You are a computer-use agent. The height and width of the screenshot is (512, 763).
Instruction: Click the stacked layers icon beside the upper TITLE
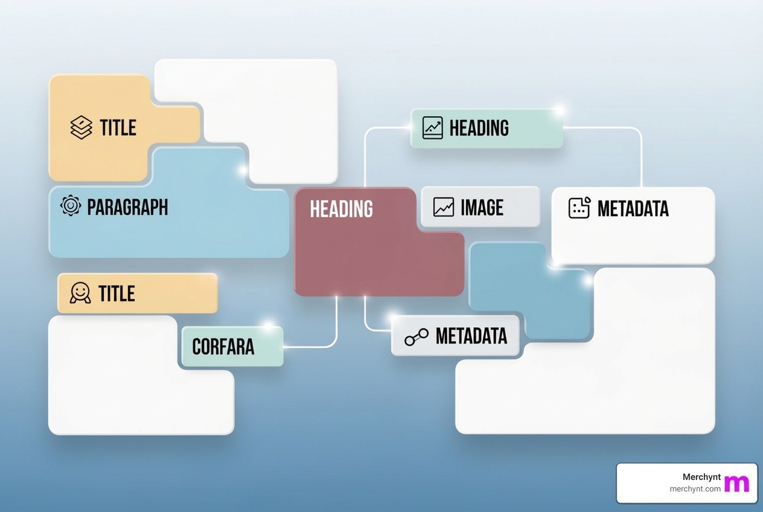tap(81, 127)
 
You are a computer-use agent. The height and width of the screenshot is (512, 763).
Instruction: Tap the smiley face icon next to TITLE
tap(80, 293)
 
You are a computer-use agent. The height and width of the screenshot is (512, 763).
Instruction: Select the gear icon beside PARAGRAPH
tap(71, 206)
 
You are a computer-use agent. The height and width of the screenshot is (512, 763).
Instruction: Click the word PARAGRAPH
tap(127, 207)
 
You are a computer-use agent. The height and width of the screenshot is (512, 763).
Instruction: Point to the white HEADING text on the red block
tap(341, 209)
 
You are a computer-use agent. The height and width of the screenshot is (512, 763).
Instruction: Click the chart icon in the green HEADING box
tap(432, 128)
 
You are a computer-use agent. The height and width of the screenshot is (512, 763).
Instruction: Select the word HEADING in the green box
tap(479, 128)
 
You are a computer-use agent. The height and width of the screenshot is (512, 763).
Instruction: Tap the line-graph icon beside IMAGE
tap(444, 207)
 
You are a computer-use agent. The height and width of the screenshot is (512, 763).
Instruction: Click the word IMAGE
tap(482, 208)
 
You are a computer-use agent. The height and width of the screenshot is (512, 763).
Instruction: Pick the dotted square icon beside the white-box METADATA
tap(579, 208)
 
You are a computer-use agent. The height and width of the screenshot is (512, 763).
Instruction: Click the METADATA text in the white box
tap(633, 209)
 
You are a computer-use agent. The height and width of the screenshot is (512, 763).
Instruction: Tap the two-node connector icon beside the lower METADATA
tap(417, 337)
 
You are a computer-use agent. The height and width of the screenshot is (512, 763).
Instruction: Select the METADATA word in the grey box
tap(471, 336)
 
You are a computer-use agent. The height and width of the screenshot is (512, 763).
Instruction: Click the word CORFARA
tap(223, 347)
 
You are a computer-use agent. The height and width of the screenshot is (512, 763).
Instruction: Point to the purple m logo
tap(736, 483)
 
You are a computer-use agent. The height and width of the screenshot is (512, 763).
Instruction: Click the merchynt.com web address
tap(695, 489)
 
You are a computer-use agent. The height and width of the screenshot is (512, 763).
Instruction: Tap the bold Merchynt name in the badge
tap(701, 477)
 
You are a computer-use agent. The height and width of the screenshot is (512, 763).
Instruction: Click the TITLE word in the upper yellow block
tap(118, 128)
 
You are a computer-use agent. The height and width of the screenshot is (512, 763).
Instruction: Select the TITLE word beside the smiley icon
tap(117, 294)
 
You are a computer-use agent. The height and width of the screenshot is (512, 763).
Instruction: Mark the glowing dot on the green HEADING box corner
tap(559, 110)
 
